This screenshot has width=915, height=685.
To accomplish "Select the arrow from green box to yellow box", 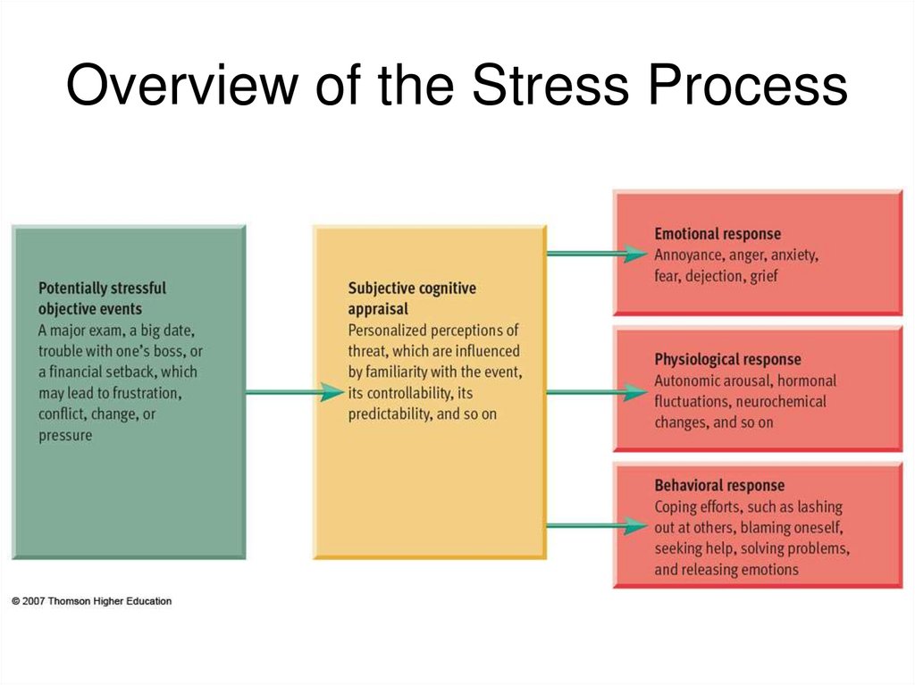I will tap(295, 391).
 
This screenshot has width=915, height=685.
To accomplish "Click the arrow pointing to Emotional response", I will tap(596, 254).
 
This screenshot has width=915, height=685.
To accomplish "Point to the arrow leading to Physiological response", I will tap(596, 391).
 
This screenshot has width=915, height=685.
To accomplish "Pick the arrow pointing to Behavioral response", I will tap(596, 526).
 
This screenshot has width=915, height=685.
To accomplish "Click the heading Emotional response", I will tap(717, 234).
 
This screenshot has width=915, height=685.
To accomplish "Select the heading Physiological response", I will tap(727, 359).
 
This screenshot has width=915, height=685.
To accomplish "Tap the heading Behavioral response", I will tap(718, 486).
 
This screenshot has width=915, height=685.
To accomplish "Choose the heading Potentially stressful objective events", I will tap(102, 298).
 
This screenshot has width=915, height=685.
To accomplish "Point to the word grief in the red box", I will tap(764, 276).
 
